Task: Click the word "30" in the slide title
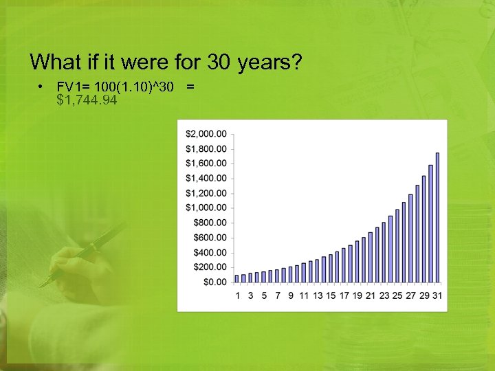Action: click(x=218, y=63)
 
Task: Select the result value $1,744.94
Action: click(x=87, y=101)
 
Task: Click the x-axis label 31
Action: click(x=437, y=295)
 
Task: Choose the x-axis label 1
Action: click(x=238, y=295)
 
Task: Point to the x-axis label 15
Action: click(x=331, y=295)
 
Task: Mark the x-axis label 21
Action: click(x=371, y=295)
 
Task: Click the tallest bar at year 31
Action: click(x=437, y=217)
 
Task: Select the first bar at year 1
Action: click(x=237, y=278)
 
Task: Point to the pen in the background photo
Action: click(x=82, y=254)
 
